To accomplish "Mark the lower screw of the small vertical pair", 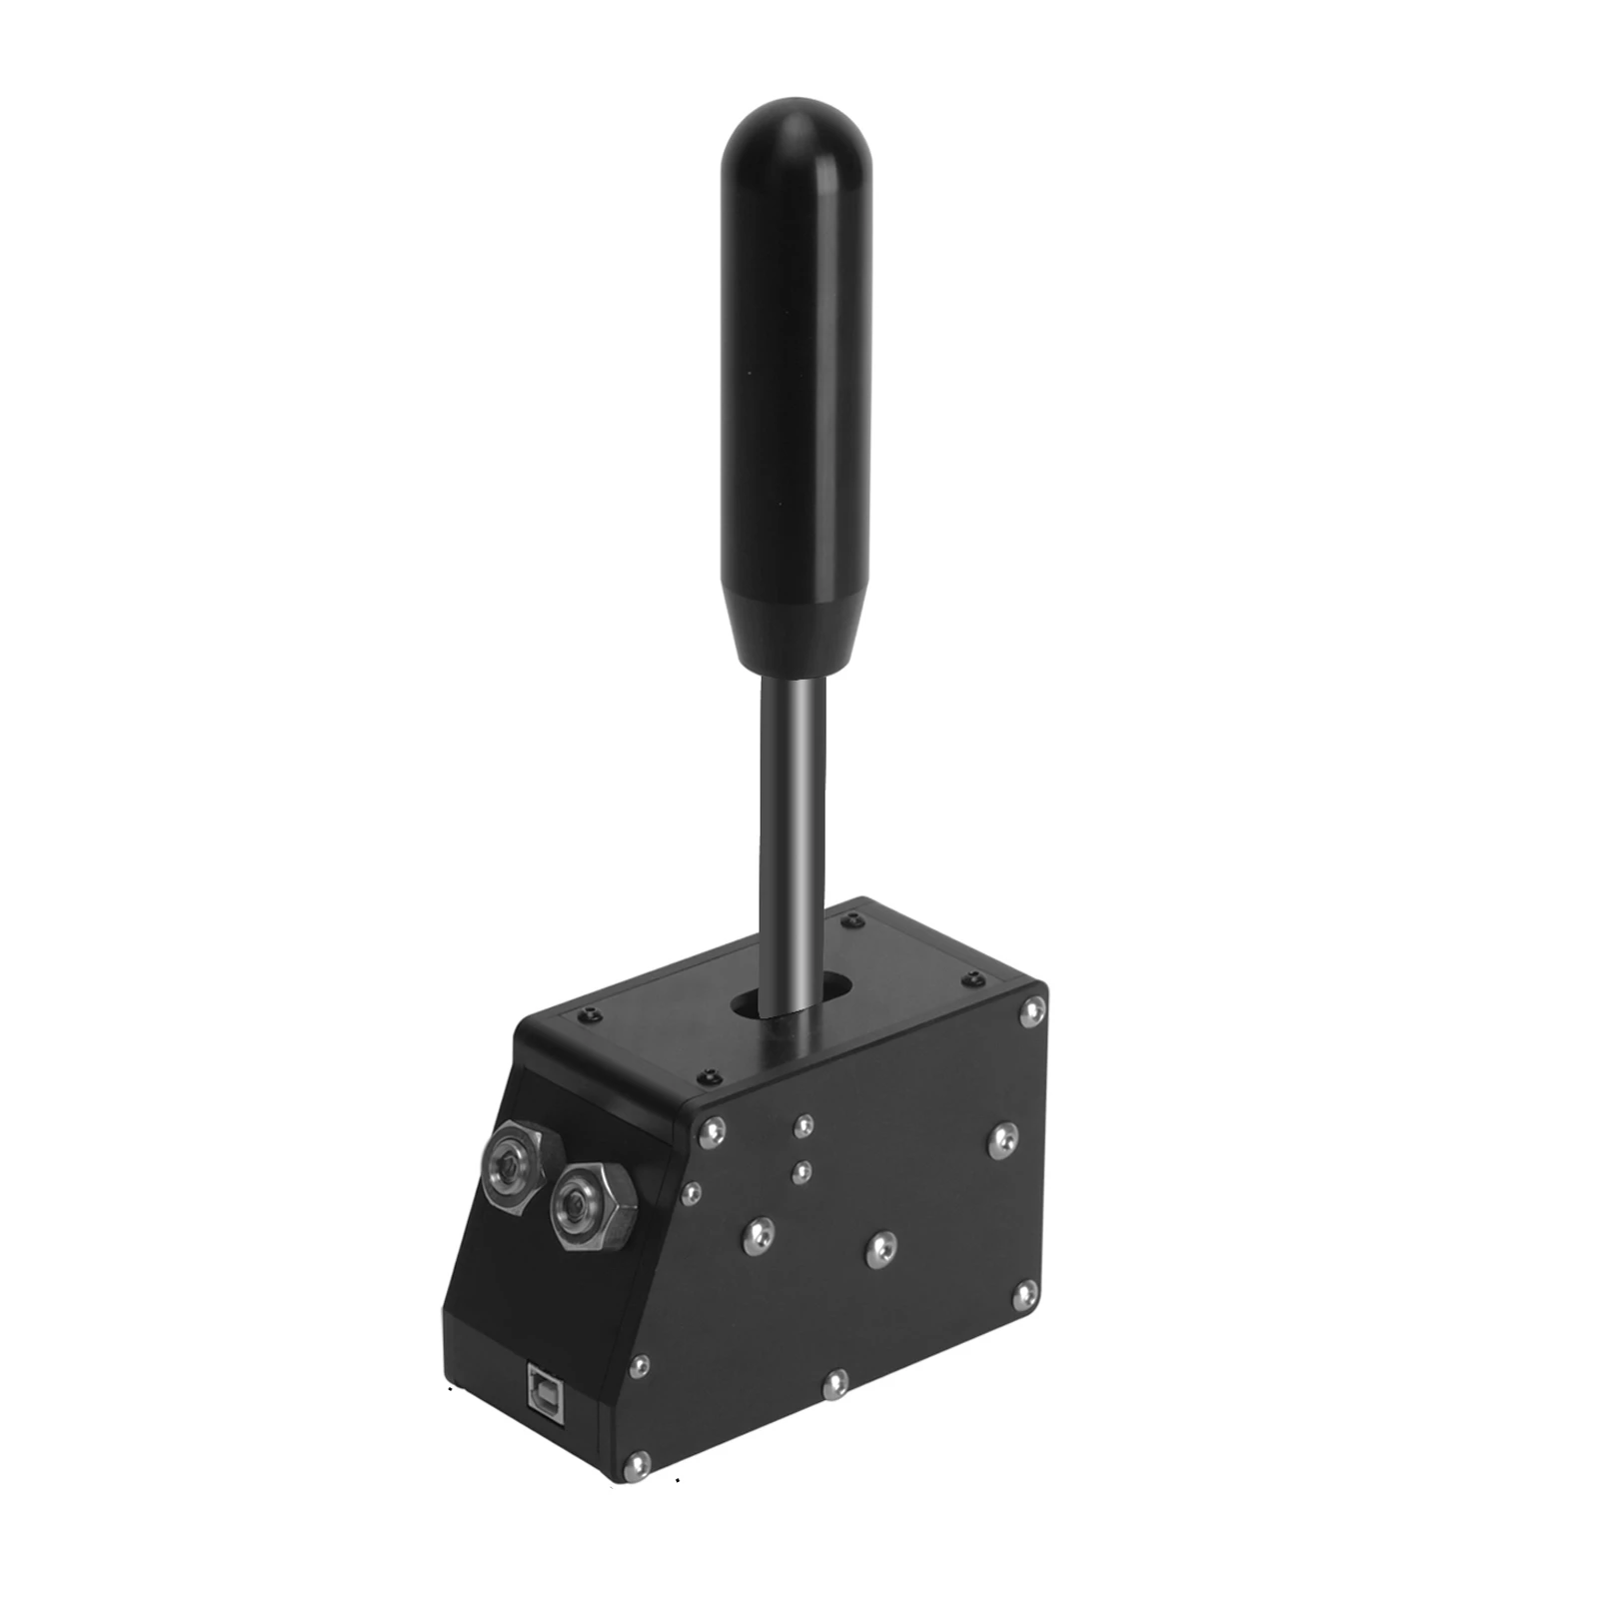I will tap(799, 1172).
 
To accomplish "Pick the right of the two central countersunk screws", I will tap(880, 1249).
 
